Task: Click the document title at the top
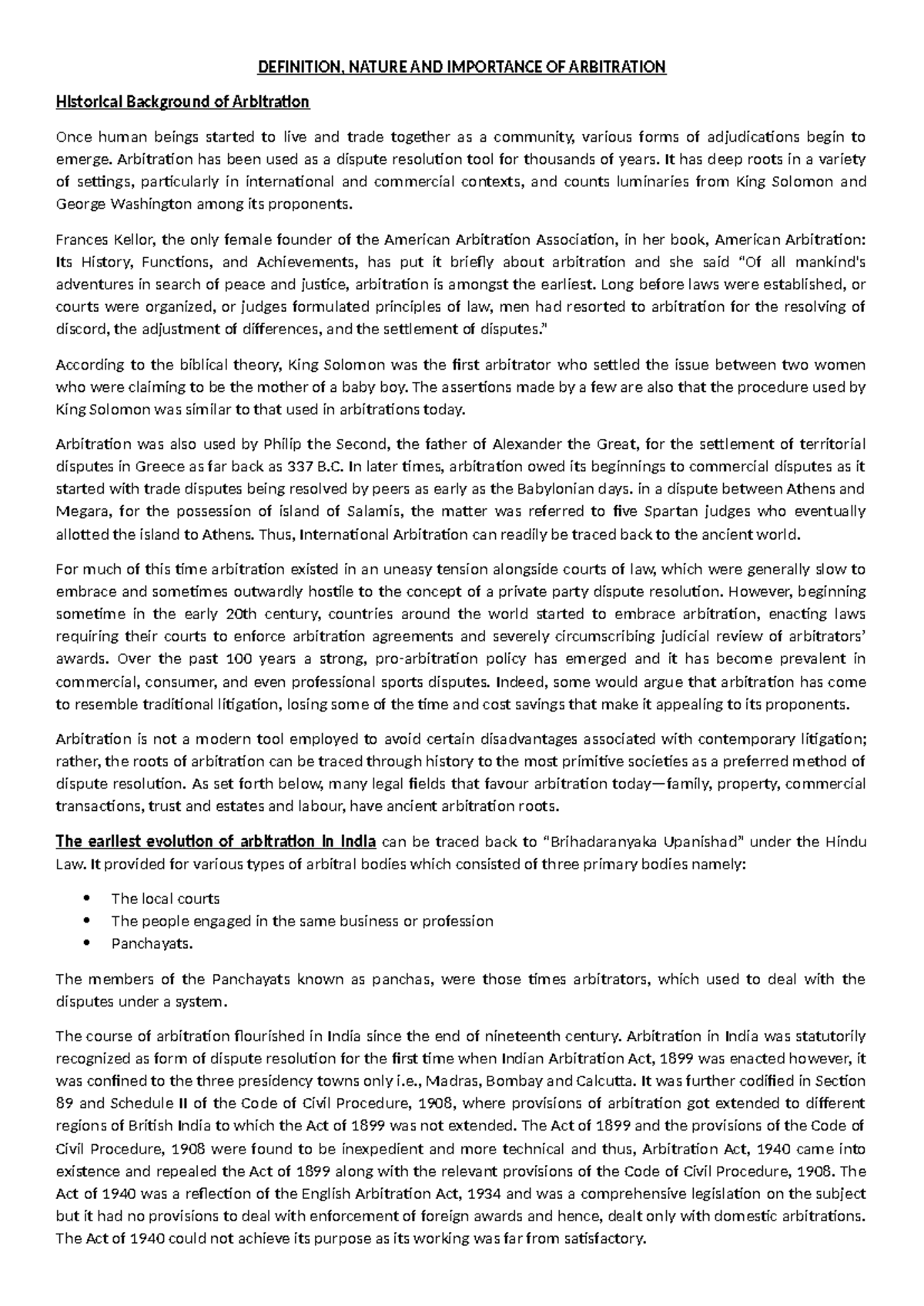coord(461,67)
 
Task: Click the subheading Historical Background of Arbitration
coord(182,102)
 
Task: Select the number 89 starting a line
coord(65,1103)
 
